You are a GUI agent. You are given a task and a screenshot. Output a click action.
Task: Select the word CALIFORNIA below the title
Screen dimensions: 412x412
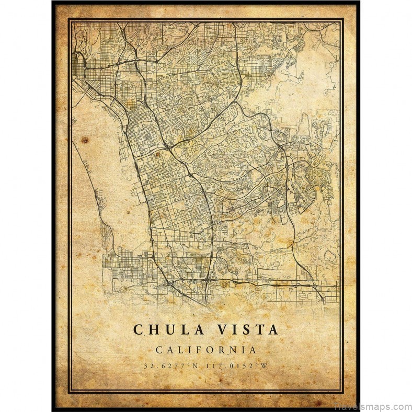pyautogui.click(x=205, y=350)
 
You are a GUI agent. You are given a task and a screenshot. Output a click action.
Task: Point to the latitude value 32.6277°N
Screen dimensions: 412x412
pyautogui.click(x=170, y=365)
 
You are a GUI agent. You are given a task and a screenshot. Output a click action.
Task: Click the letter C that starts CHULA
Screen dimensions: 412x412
pyautogui.click(x=138, y=329)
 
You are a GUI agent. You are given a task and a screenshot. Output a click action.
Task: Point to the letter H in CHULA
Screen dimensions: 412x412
pyautogui.click(x=152, y=329)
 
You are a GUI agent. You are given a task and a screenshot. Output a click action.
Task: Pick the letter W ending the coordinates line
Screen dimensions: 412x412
pyautogui.click(x=265, y=365)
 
